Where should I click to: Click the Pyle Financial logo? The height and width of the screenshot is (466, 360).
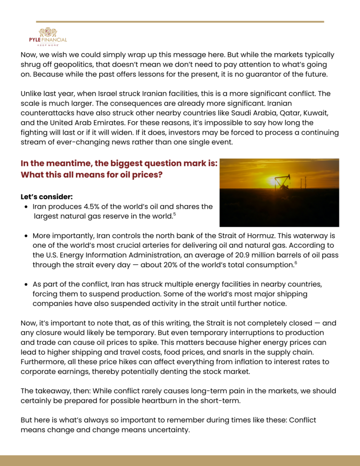click(48, 36)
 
